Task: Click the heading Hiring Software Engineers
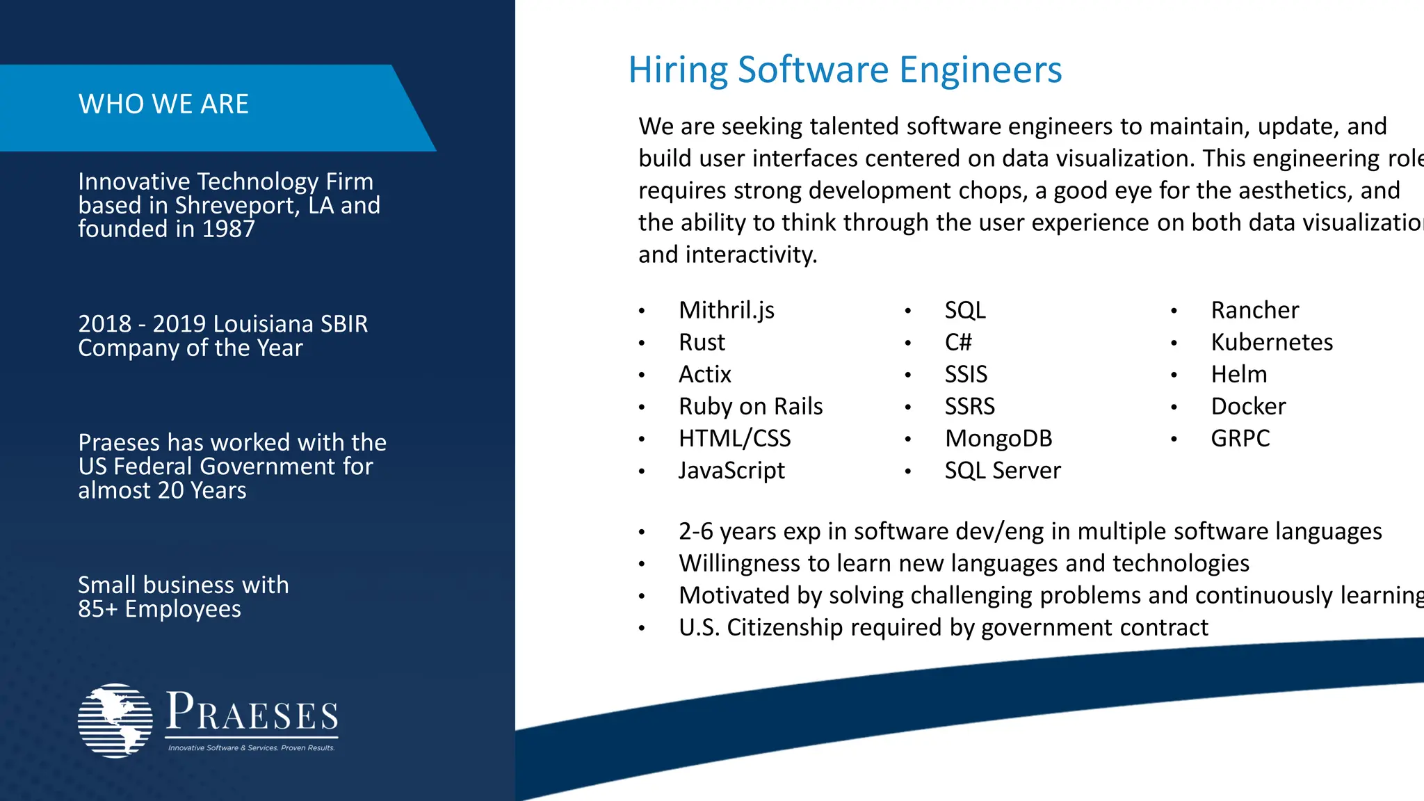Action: click(845, 70)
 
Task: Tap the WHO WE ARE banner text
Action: click(163, 104)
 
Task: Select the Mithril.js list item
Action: click(726, 310)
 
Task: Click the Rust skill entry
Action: click(702, 342)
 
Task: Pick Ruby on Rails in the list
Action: click(750, 406)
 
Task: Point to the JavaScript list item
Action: click(731, 471)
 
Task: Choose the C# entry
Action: click(958, 342)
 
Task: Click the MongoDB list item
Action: click(998, 439)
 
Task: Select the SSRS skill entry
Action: click(969, 406)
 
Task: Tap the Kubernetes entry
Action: click(1272, 342)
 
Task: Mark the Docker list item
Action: click(1248, 406)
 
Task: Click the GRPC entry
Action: click(1240, 439)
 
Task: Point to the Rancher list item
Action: click(1254, 310)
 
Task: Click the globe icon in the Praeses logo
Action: click(115, 720)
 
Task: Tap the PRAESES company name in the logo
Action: click(252, 713)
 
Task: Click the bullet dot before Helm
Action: click(1174, 375)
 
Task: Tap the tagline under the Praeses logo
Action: click(251, 748)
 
